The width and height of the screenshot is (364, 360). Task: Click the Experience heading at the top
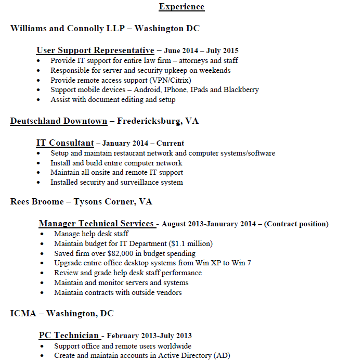pyautogui.click(x=181, y=7)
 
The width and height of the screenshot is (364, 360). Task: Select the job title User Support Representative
pyautogui.click(x=95, y=50)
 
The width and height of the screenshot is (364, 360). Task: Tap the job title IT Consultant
pyautogui.click(x=65, y=143)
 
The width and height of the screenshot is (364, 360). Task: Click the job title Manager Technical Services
pyautogui.click(x=96, y=224)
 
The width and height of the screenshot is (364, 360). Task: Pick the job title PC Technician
pyautogui.click(x=69, y=336)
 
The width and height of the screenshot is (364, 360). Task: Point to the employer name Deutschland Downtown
pyautogui.click(x=59, y=121)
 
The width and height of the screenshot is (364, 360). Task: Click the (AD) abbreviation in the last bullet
pyautogui.click(x=222, y=356)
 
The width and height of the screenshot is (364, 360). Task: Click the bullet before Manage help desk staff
pyautogui.click(x=42, y=234)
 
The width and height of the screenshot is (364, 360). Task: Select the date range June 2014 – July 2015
pyautogui.click(x=201, y=51)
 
